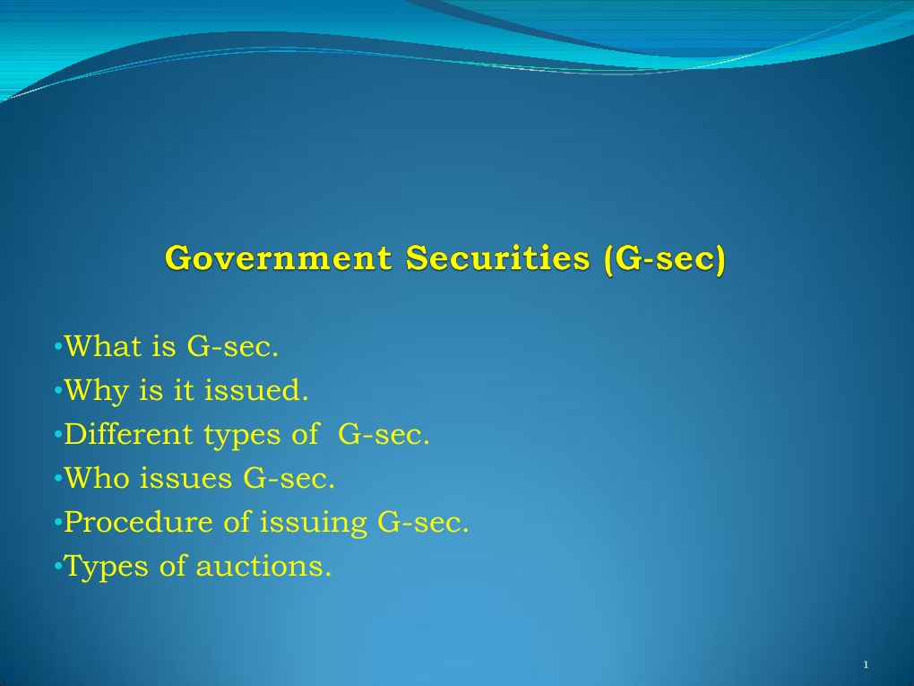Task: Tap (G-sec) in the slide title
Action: (x=666, y=258)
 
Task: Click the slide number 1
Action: (x=866, y=664)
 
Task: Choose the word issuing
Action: (x=313, y=523)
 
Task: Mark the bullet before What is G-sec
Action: (x=57, y=346)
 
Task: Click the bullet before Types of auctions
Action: (x=57, y=567)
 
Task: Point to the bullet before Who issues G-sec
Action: (x=57, y=478)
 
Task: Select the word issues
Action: (x=186, y=478)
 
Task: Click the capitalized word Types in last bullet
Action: (x=96, y=568)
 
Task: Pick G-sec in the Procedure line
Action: (x=423, y=522)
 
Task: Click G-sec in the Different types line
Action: (x=384, y=434)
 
